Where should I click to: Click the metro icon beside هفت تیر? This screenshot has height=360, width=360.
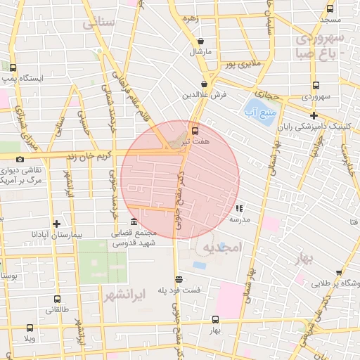click(x=195, y=130)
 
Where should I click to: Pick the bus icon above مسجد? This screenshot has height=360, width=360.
click(x=330, y=8)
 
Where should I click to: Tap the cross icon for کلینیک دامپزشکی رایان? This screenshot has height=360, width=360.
click(x=314, y=115)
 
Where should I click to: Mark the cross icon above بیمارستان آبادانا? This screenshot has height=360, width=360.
click(x=56, y=223)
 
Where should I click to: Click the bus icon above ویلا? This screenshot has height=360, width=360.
click(x=30, y=328)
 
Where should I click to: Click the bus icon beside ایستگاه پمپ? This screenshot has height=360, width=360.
click(x=13, y=67)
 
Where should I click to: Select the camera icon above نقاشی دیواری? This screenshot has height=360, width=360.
click(x=20, y=159)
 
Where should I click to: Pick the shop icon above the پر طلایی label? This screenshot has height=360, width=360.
click(x=339, y=272)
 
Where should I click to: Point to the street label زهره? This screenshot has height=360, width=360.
click(x=188, y=17)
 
